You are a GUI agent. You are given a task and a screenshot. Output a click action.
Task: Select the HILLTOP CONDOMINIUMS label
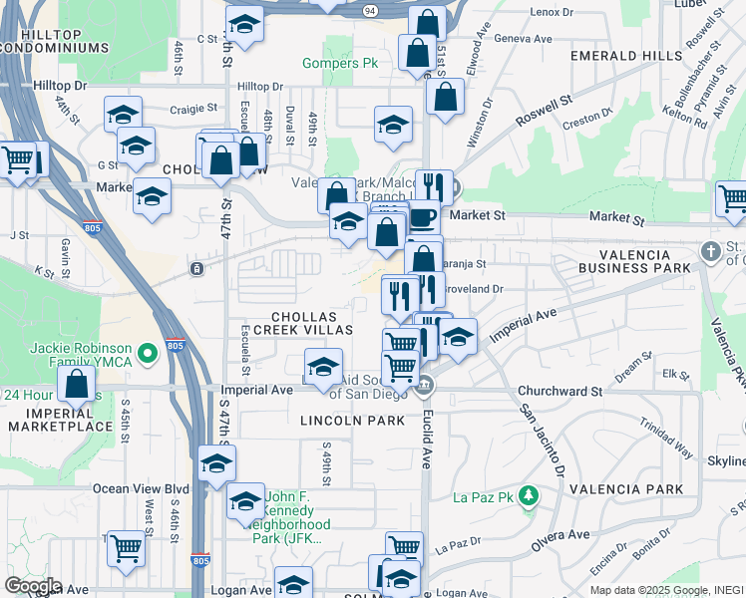coord(54,39)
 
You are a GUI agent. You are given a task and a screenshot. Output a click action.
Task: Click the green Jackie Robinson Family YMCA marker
coord(149,353)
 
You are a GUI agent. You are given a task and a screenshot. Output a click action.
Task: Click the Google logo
coord(32,586)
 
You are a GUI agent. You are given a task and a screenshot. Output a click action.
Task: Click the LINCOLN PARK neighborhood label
coord(353,421)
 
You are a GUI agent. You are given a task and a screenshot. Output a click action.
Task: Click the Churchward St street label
coord(561,392)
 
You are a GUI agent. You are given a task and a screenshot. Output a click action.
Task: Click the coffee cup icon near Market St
coord(422,217)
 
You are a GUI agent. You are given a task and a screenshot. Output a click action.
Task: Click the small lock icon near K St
coord(197,268)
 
